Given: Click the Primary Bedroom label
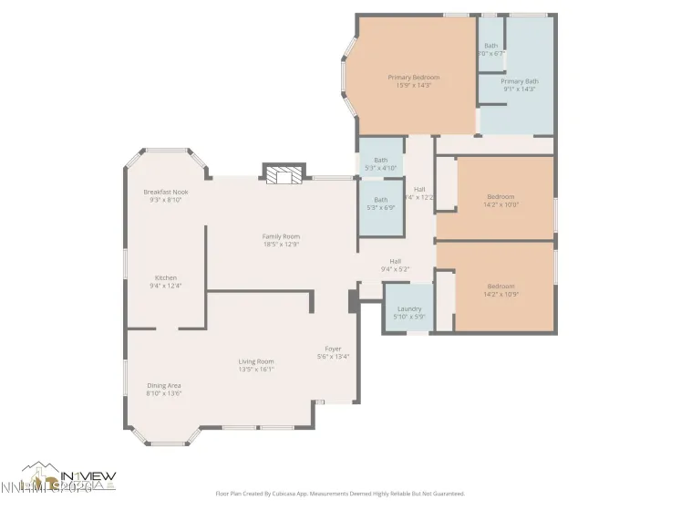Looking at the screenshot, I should coord(413,78).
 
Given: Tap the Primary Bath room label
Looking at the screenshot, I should coord(519,81).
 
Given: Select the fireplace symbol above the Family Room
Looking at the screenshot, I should coord(282,174).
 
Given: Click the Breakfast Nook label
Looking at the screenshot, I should coord(165,192).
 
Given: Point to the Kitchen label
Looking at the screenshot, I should coord(165,277).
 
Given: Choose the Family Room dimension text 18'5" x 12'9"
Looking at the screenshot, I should coord(281,245).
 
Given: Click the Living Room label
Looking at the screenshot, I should coord(255,361).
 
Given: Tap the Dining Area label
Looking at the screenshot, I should coord(164,385).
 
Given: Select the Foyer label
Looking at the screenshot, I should coord(333,349).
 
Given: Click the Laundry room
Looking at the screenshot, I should coord(408,309).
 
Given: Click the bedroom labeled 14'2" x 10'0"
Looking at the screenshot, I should coord(500,201).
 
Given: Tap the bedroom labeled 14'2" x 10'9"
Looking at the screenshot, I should coord(500,290).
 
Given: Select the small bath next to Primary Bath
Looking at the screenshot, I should coord(490,49).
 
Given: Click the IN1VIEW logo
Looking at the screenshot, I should coord(68,476).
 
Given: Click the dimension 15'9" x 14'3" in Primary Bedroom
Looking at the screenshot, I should coord(413,86).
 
